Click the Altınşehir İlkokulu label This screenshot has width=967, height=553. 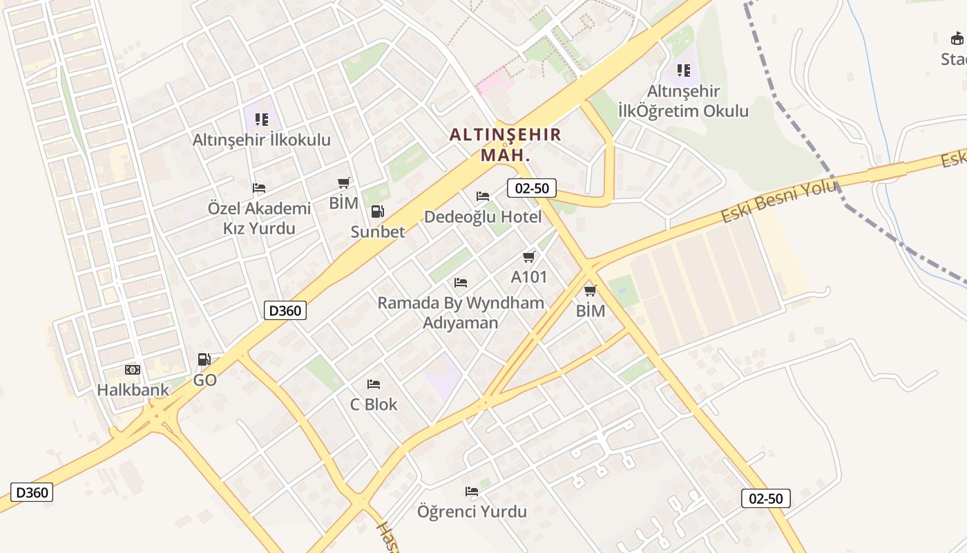click(x=261, y=140)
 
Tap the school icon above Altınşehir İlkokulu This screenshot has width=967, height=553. click(x=261, y=120)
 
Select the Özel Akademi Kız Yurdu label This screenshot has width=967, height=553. click(x=259, y=218)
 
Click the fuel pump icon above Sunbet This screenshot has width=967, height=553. click(x=377, y=212)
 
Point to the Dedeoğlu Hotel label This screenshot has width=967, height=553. click(x=483, y=216)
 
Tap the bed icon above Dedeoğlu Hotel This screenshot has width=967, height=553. click(x=483, y=197)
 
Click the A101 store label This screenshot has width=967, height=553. click(x=528, y=277)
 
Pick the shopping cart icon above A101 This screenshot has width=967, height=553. click(x=528, y=257)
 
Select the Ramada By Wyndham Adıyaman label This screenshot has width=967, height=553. click(x=461, y=312)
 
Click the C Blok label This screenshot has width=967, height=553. click(x=374, y=404)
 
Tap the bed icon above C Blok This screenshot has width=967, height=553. click(x=374, y=384)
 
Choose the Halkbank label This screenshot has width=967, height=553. click(x=133, y=390)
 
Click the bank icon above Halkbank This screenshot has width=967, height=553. click(x=133, y=370)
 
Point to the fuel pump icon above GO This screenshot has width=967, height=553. click(x=204, y=359)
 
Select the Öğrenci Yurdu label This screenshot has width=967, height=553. click(x=472, y=512)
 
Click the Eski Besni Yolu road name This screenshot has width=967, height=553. click(x=778, y=200)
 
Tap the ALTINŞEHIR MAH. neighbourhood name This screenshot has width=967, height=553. click(x=506, y=144)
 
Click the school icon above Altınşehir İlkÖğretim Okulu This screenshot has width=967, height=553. click(x=684, y=70)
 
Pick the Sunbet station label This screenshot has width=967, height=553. click(x=377, y=232)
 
